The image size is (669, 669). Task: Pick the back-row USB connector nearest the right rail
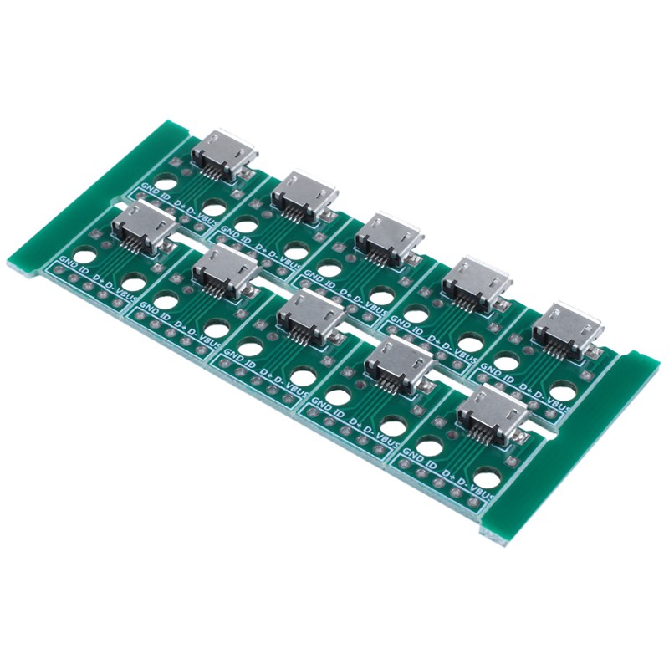tap(566, 326)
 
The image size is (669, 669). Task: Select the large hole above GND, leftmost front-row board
tap(84, 255)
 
